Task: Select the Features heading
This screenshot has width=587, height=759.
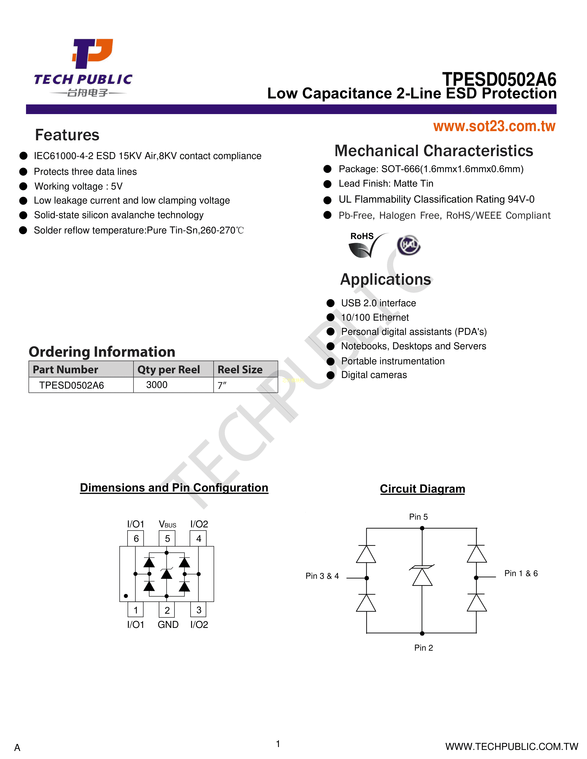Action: point(67,135)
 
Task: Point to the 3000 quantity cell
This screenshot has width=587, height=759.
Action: point(157,385)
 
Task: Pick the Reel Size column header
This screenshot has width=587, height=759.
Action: point(240,369)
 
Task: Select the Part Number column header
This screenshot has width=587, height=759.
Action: point(65,369)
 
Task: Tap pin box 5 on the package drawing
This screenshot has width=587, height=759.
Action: point(167,539)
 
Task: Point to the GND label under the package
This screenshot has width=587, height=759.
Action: point(168,624)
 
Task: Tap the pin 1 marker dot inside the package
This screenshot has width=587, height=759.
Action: point(126,596)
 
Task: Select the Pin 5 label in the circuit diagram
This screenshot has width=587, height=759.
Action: point(418,517)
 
